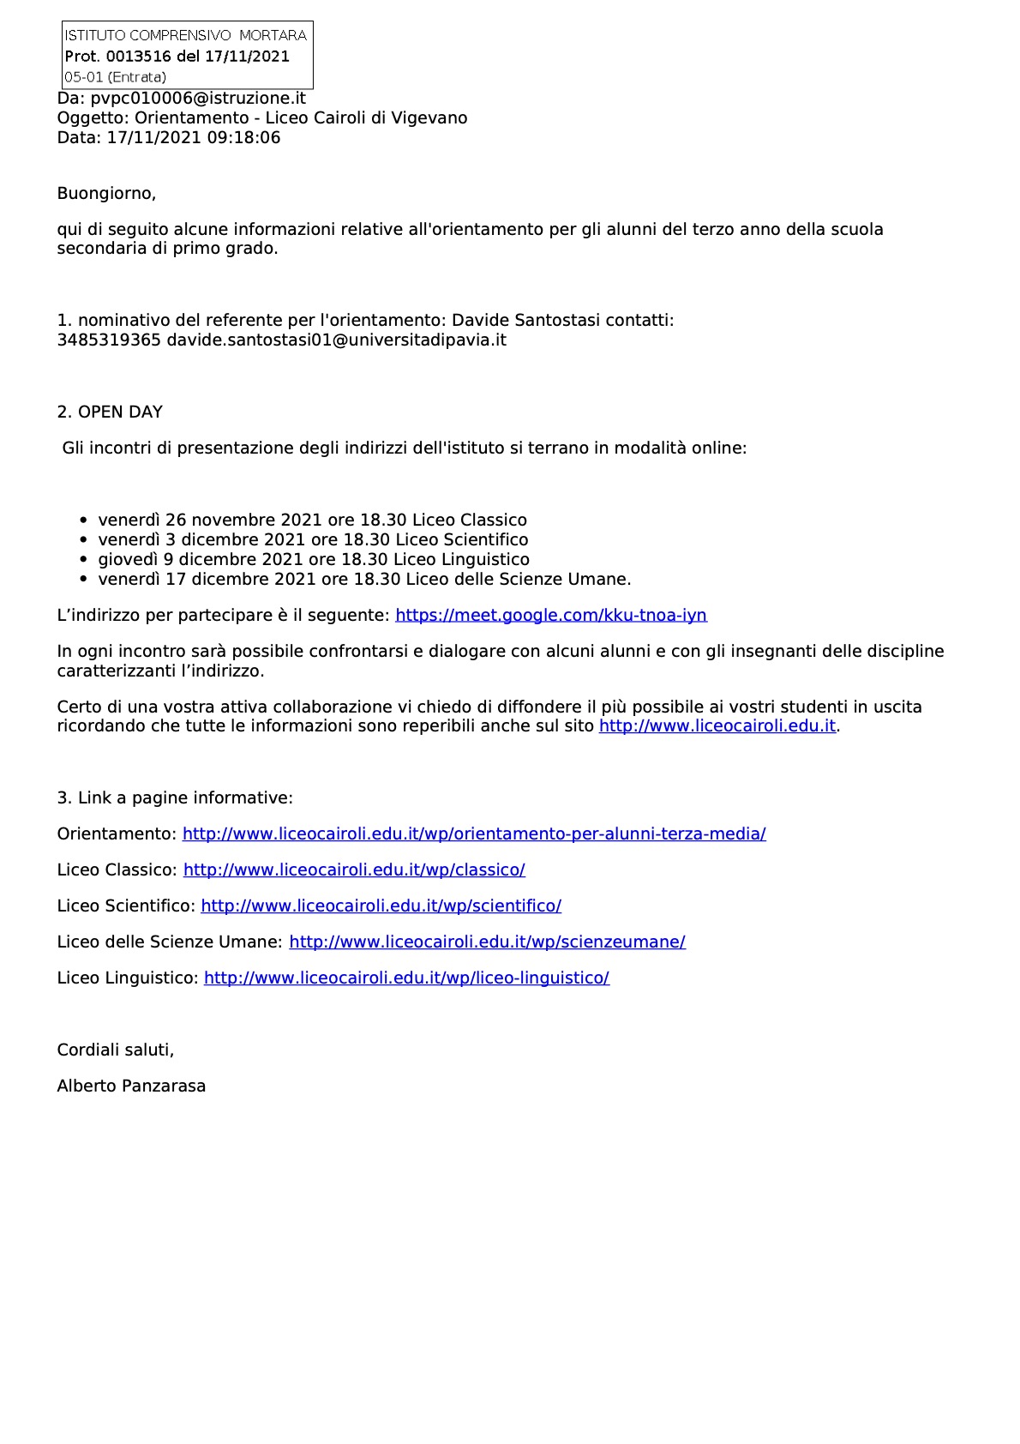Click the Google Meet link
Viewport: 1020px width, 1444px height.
click(551, 615)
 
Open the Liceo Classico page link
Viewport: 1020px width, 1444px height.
click(354, 869)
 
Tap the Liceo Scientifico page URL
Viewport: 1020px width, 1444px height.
click(381, 906)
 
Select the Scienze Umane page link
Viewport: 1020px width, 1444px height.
click(487, 942)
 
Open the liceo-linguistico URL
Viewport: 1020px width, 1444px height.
click(406, 978)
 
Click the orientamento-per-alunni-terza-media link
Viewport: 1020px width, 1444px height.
click(474, 833)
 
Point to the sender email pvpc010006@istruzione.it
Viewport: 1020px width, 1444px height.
click(198, 98)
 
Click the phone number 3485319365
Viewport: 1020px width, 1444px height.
click(109, 340)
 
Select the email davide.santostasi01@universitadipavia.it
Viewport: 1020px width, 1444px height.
click(336, 340)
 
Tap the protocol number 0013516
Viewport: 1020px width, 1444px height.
click(139, 57)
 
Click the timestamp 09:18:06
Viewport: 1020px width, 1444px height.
click(243, 137)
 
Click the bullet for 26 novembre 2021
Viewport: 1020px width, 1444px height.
click(83, 520)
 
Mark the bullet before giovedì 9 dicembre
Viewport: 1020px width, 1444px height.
click(83, 560)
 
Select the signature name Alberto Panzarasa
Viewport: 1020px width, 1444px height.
click(131, 1086)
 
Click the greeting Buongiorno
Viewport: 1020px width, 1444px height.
click(106, 193)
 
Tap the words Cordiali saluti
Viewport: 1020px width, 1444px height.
click(115, 1050)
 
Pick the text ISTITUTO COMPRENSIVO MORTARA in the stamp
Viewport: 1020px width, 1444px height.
click(185, 35)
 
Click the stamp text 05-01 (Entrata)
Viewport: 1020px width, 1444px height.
click(115, 77)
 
